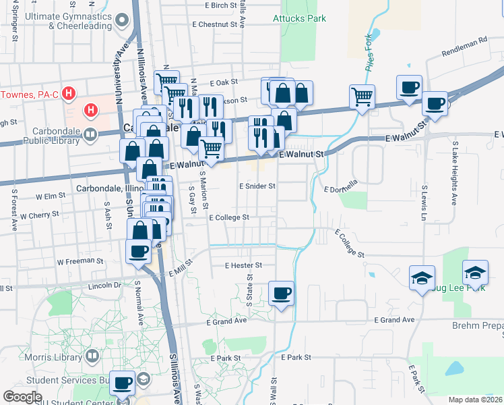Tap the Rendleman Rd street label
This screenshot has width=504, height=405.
coord(464,47)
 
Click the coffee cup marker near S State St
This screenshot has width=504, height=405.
coord(281,294)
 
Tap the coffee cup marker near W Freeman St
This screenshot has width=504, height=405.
coord(138,251)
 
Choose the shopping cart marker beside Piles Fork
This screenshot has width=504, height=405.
coord(363,97)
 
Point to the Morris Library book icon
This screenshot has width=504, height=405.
coord(93,355)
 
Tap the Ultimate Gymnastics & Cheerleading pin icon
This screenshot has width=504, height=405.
coord(122,20)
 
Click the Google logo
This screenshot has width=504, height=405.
coord(23,397)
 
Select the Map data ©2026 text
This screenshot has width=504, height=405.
coord(476,400)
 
